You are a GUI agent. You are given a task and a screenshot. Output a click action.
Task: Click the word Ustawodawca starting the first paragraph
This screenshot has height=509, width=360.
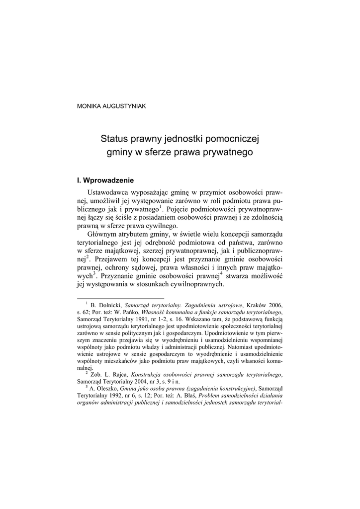(111, 192)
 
